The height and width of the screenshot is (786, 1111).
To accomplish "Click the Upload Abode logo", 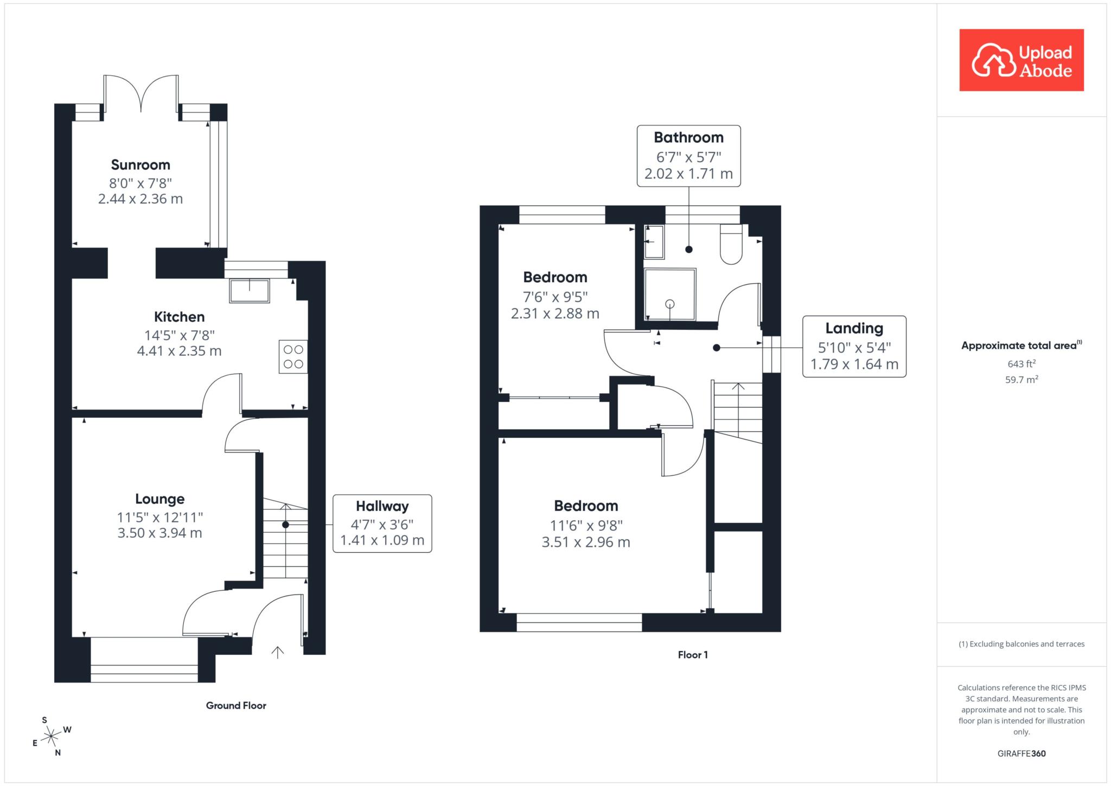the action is tap(1021, 60).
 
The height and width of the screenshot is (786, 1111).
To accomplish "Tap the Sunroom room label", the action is tap(141, 165).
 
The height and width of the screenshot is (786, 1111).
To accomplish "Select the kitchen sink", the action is tap(250, 291).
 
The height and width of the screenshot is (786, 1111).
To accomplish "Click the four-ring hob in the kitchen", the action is tap(293, 356).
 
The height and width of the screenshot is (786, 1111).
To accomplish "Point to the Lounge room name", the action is tap(159, 499).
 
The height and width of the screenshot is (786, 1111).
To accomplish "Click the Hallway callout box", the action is tap(382, 523).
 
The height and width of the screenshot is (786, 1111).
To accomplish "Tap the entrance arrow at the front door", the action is tap(277, 652).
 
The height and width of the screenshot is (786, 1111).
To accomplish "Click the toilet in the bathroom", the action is tap(731, 245).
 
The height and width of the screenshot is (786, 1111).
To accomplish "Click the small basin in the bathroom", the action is tap(654, 242).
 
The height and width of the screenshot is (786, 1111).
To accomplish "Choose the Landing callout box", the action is tap(854, 347).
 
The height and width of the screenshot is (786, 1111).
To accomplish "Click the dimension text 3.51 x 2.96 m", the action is tap(586, 542).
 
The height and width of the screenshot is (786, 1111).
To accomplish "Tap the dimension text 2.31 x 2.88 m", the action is tap(555, 314).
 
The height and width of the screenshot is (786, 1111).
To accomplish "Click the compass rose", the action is tap(51, 736).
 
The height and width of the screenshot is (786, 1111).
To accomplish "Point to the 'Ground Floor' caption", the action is tap(236, 706).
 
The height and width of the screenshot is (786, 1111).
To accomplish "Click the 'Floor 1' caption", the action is tap(693, 655).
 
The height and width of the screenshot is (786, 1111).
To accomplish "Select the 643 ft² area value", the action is tap(1021, 363).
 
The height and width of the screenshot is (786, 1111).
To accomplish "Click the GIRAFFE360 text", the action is tap(1021, 753).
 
